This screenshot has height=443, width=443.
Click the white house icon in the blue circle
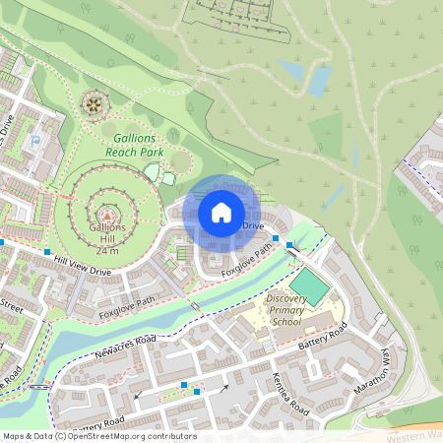[221, 211]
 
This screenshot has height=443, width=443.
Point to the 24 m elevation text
[107, 250]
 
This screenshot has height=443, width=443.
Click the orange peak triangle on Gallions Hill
[107, 212]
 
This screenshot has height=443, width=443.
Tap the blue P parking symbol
[36, 141]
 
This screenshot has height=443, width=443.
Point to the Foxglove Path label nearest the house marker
[246, 261]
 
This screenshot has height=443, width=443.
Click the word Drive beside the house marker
[253, 226]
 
